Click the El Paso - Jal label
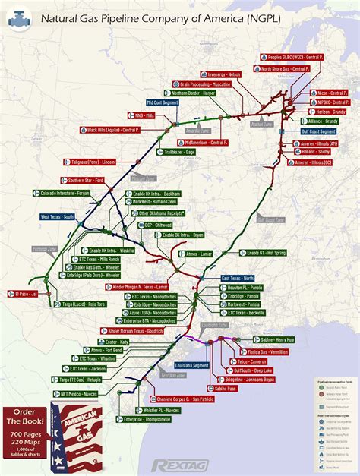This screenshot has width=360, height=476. pyautogui.click(x=25, y=292)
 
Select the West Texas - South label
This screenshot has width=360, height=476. pyautogui.click(x=58, y=217)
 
